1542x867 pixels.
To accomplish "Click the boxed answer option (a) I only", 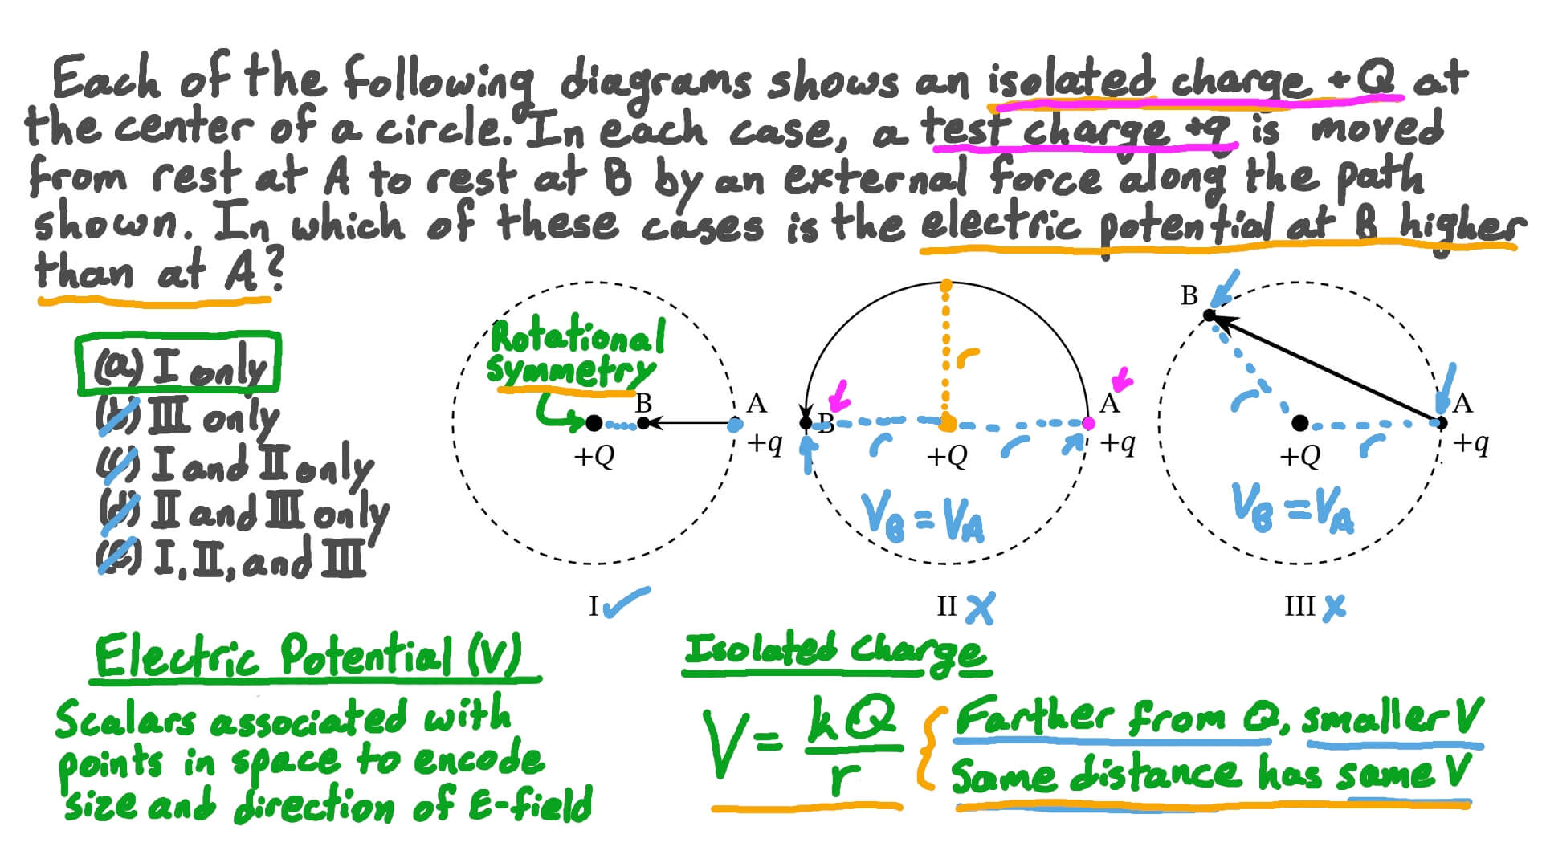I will (178, 365).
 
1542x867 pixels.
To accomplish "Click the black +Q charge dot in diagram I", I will (594, 423).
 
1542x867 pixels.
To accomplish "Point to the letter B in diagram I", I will (643, 403).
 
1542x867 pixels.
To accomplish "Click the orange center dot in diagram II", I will (948, 423).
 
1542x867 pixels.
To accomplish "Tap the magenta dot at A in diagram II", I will (1088, 423).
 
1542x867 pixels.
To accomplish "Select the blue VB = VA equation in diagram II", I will (922, 518).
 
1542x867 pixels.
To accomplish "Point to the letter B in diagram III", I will (1189, 296).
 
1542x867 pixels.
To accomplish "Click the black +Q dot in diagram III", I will (1300, 423).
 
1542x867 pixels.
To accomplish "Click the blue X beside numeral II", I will (980, 609).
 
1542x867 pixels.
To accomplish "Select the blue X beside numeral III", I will (1334, 607).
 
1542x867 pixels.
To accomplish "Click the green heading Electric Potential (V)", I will (309, 656).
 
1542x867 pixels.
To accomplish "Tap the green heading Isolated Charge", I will (835, 650).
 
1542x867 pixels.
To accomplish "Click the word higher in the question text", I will (1458, 226).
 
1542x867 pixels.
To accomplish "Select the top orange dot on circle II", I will (946, 285).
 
